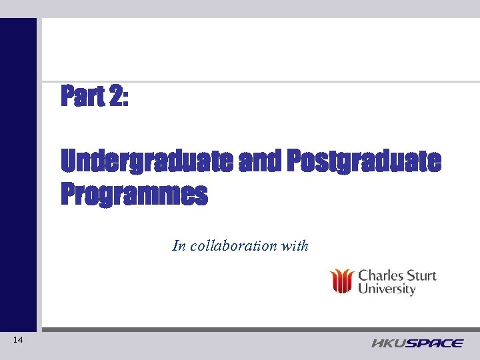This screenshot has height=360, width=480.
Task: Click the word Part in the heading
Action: (x=82, y=97)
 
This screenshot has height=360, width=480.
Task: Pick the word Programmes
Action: (x=134, y=195)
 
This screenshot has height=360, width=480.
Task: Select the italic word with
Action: (x=295, y=245)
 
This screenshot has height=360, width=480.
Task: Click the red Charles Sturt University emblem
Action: (x=343, y=281)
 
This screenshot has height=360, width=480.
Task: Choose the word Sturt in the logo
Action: (x=420, y=275)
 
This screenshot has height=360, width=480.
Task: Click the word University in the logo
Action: (x=387, y=289)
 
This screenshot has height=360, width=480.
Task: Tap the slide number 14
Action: (x=18, y=341)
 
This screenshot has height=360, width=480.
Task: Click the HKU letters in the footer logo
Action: (x=387, y=343)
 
